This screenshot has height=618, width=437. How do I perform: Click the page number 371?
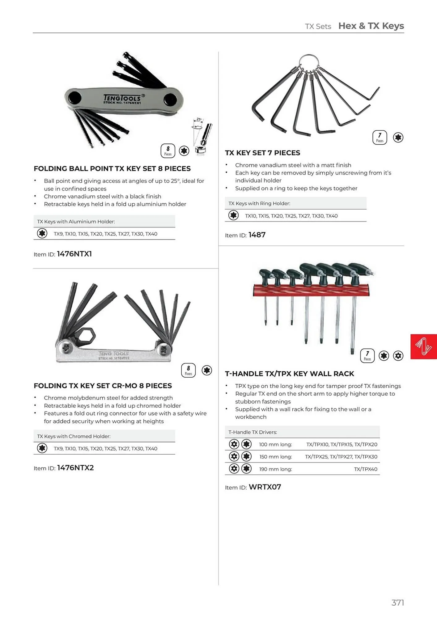pos(397,603)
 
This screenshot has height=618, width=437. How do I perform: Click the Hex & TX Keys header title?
pos(371,26)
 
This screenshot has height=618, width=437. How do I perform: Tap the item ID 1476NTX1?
pos(74,254)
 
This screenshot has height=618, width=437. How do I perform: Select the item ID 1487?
pos(257,235)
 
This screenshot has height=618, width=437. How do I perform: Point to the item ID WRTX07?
pos(265,487)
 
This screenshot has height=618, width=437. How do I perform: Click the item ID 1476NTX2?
pos(75,468)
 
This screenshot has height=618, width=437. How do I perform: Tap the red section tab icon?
pos(423,346)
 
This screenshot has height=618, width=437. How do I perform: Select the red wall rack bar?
pos(311,290)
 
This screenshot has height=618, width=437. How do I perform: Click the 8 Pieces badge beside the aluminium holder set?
pos(168,151)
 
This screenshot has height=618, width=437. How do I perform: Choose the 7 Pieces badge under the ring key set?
pos(380,138)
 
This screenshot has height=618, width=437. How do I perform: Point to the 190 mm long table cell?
pos(275,469)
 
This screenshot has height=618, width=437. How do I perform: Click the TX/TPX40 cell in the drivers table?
pos(365,469)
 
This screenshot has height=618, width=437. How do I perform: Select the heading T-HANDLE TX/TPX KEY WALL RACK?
pos(289,374)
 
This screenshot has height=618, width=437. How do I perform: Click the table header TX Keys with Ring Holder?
pos(259,203)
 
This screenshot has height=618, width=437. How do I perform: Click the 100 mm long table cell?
pos(275,444)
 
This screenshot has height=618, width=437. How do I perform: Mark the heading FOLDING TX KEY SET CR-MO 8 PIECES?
pos(103,386)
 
